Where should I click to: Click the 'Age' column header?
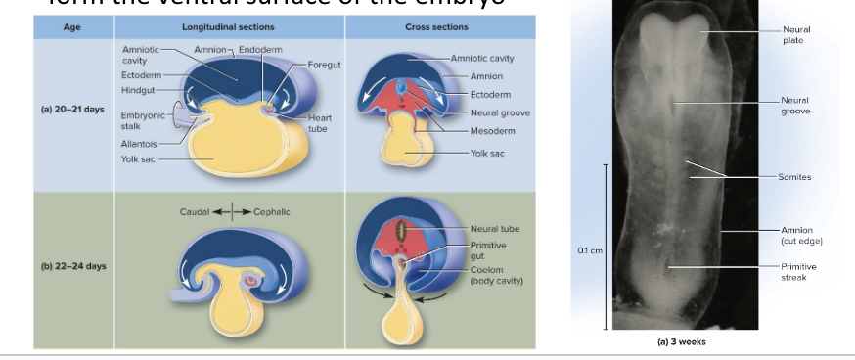pyautogui.click(x=73, y=28)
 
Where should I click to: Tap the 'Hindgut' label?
pyautogui.click(x=138, y=89)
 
